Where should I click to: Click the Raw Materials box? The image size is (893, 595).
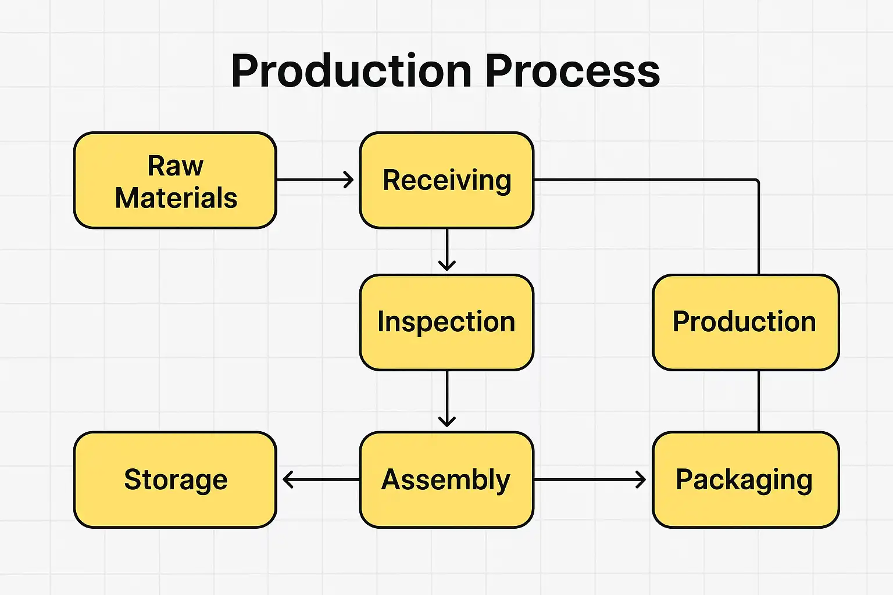click(175, 180)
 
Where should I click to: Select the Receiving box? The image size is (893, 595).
click(446, 180)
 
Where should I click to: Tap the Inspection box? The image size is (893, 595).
click(446, 322)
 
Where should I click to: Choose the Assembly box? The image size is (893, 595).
click(446, 479)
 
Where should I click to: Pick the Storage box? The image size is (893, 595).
click(175, 479)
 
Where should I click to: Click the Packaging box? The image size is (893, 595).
click(745, 479)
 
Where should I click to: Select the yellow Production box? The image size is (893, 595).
click(745, 322)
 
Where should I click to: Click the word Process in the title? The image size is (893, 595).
click(572, 71)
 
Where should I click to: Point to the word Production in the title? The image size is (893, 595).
click(351, 71)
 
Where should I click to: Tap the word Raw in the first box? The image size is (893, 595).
click(175, 166)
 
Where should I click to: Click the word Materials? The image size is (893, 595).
click(176, 198)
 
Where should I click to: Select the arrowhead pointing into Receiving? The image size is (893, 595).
click(349, 180)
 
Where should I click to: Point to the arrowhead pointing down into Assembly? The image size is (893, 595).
click(446, 421)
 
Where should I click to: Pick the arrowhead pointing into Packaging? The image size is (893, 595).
click(641, 479)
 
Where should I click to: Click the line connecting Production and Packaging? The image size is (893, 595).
click(759, 401)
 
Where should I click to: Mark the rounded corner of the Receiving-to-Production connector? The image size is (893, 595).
click(757, 181)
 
